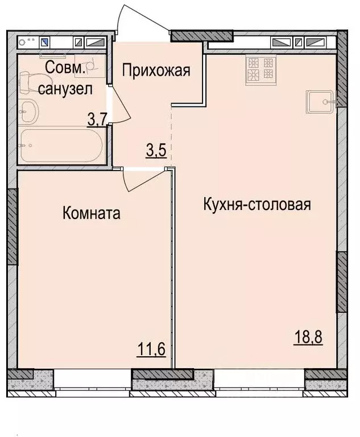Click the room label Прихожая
156,70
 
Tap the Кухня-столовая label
257,204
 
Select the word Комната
92,213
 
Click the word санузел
65,89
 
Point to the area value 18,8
308,337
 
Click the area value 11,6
151,349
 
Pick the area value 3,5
156,150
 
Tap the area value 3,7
97,120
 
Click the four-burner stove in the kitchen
261,69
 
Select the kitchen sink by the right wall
320,102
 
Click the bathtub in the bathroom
62,145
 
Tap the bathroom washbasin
29,111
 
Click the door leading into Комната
142,182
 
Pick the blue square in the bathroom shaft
45,43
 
